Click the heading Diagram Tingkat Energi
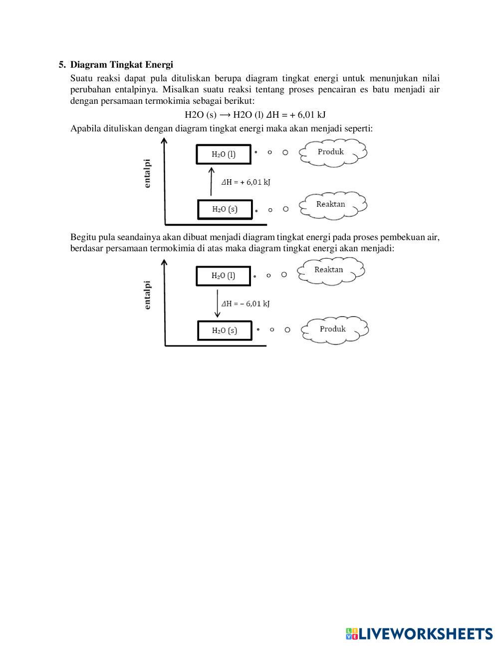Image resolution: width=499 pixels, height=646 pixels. point(121,64)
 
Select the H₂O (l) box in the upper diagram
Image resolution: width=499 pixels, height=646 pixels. point(223,154)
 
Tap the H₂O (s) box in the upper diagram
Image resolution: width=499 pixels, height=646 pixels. point(225,209)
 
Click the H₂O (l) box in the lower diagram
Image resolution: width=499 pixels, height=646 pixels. point(223,276)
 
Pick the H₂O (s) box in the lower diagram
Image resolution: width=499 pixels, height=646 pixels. point(225,330)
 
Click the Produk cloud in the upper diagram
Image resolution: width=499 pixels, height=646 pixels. point(332,152)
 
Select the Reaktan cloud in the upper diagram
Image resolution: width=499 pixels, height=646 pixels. point(332,204)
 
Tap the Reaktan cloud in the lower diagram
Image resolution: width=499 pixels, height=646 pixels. point(330,270)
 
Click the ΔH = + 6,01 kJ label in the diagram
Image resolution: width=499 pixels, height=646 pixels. point(246,182)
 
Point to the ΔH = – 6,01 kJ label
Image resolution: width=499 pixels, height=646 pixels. point(246,304)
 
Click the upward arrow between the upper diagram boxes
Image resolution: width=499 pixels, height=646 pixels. point(211,182)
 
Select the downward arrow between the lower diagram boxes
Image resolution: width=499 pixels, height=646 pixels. point(217,303)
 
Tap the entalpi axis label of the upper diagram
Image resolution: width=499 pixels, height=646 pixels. point(147,173)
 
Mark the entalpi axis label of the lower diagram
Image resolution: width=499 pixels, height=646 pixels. point(147,295)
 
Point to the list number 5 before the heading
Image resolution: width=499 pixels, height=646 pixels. point(62,64)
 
